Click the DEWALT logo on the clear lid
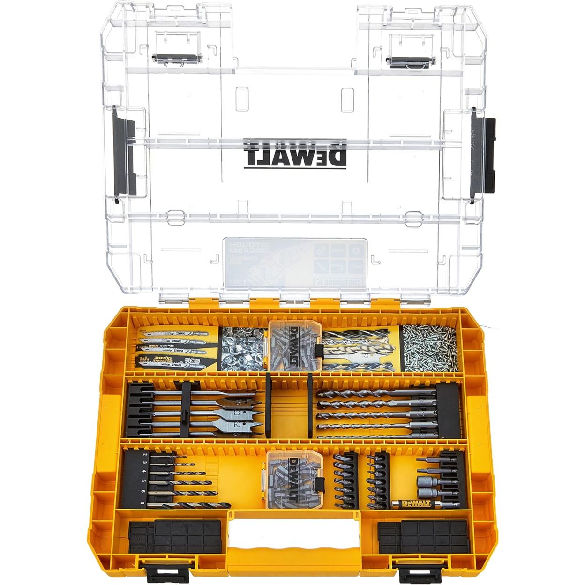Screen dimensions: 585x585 click(x=295, y=153)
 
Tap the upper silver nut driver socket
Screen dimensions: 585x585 click(x=427, y=481)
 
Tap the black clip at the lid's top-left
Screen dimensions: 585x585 click(x=177, y=59)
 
